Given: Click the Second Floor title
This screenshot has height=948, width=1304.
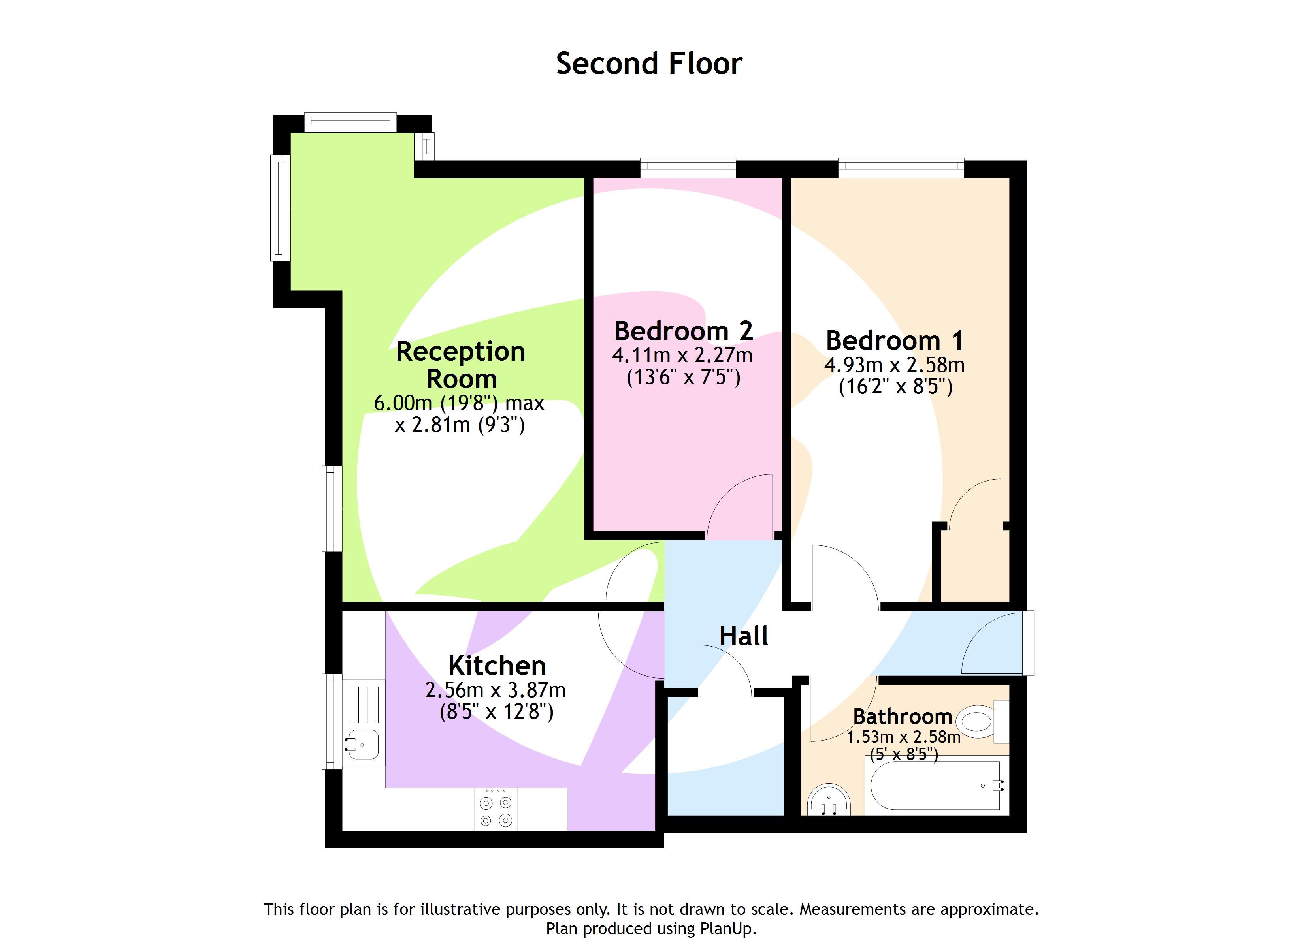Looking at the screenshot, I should (x=649, y=64).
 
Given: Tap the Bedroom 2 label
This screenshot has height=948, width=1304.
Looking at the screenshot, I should (x=683, y=331).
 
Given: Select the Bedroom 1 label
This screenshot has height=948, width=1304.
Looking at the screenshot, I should (x=895, y=341).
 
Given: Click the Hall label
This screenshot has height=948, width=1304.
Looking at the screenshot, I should (x=743, y=636).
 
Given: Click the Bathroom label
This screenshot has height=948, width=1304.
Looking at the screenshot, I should (x=902, y=716).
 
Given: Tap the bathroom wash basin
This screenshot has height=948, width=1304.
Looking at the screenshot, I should (x=829, y=801).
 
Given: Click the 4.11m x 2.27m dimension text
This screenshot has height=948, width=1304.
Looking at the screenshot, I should (x=682, y=355).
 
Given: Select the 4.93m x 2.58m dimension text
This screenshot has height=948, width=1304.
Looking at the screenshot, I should (x=895, y=365).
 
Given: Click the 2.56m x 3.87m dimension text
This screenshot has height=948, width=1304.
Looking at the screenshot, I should (x=496, y=690).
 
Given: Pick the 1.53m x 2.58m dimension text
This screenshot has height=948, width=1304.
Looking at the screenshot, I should (x=903, y=737).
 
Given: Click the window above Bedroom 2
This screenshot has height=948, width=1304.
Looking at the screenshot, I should (x=688, y=168).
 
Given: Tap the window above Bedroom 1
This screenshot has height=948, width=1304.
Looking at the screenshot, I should (x=901, y=167).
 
